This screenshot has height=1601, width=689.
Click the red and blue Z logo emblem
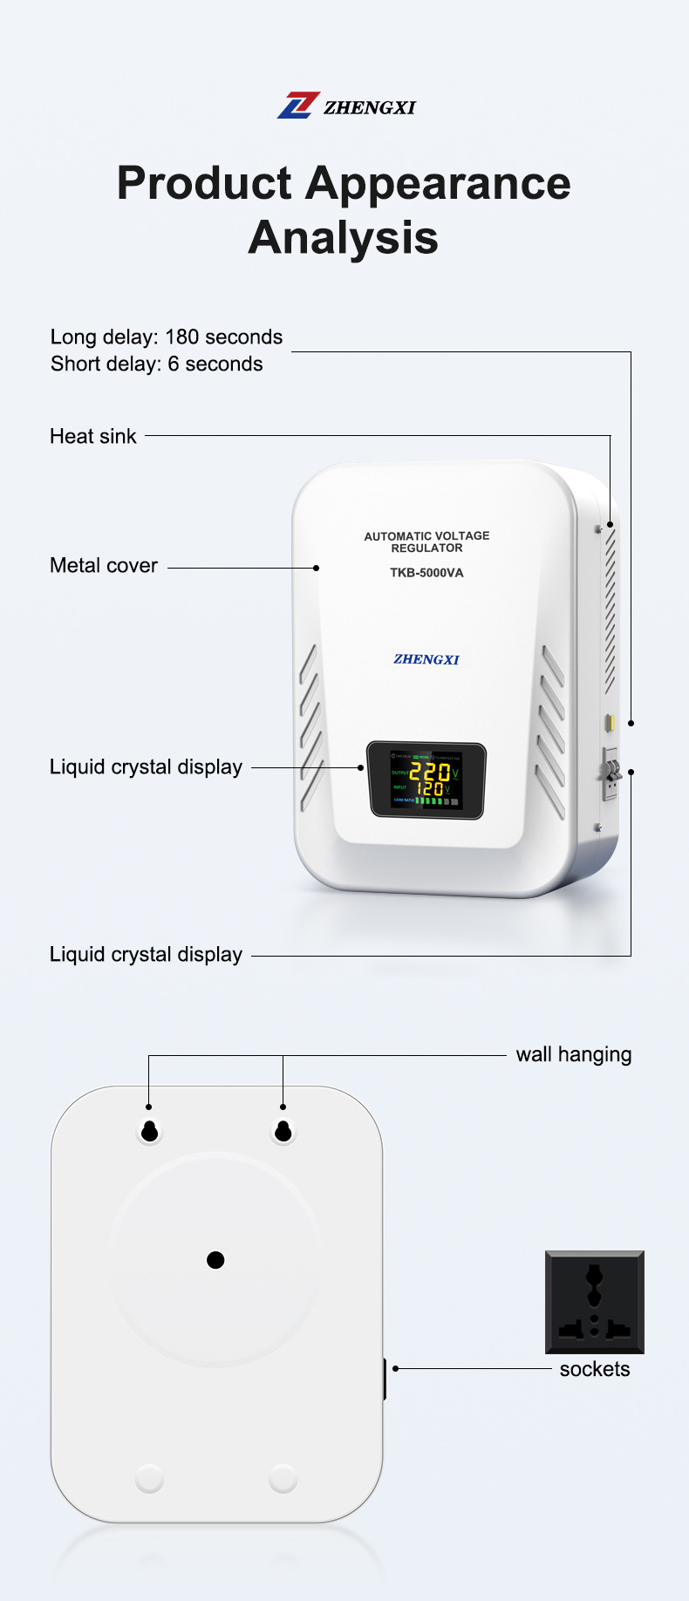298,106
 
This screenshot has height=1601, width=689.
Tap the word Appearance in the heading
438,184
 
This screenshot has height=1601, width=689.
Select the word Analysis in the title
344,237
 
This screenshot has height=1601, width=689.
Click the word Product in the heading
204,184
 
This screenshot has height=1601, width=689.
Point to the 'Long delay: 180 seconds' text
167,337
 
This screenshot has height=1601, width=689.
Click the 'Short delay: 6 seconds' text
157,364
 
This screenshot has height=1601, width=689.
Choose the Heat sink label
93,436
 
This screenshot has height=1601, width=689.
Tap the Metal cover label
104,565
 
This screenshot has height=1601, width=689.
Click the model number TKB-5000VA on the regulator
426,573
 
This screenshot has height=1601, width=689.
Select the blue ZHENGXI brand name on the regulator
426,659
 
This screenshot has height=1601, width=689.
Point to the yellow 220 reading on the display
430,773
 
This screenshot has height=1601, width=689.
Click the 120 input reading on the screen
429,788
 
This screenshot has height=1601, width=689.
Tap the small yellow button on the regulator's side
611,722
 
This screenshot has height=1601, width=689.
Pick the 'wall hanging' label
574,1054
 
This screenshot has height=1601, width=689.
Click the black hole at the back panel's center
215,1260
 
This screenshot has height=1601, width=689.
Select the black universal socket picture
595,1302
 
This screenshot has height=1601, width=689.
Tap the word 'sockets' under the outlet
595,1369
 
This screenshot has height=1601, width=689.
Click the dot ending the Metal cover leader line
317,568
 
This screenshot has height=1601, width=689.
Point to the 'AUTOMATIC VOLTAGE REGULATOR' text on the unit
426,542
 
